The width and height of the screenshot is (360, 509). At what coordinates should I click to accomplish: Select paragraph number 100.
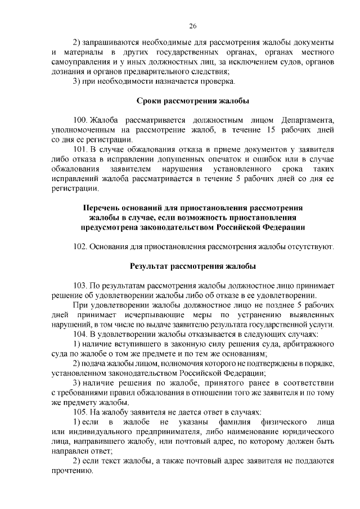(81, 120)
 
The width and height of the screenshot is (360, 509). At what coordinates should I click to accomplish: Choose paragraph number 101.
(81, 150)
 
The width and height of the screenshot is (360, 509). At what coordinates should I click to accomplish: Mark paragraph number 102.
(81, 247)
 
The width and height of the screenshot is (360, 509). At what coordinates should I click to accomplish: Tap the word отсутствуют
(311, 247)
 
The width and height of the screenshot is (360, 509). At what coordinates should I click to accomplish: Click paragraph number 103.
(81, 286)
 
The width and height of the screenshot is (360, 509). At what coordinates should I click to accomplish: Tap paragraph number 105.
(81, 412)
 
